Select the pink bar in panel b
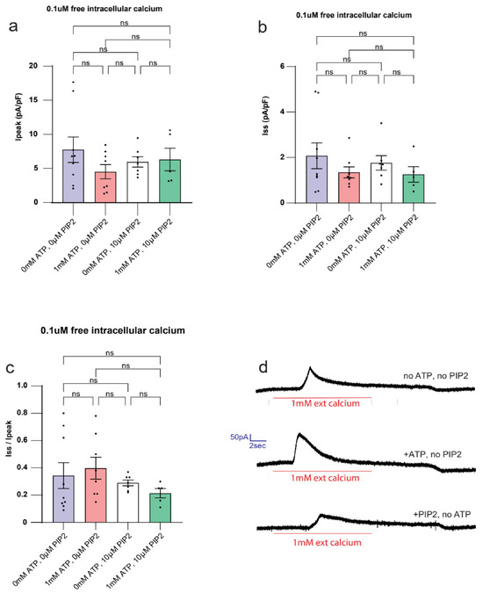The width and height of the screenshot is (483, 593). (349, 188)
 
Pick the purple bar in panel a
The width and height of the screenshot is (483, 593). (73, 176)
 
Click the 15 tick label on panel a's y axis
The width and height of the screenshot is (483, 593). (33, 100)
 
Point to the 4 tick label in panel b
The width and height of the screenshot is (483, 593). (282, 112)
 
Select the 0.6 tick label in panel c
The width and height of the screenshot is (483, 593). (22, 441)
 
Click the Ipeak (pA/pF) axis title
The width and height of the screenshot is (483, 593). (18, 117)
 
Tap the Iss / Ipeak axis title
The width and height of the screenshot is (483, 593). (9, 438)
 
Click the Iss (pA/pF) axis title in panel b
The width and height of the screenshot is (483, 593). (266, 116)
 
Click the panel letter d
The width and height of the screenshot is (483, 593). (263, 366)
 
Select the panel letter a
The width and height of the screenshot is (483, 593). (13, 27)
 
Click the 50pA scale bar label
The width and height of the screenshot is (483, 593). (239, 438)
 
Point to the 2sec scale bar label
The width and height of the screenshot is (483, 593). (257, 446)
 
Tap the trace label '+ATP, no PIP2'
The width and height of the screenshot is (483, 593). (432, 454)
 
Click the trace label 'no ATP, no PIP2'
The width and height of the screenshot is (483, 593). (436, 375)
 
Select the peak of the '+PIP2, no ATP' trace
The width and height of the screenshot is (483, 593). (321, 515)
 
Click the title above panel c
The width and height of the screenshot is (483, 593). (112, 330)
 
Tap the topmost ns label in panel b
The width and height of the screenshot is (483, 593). (363, 33)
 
